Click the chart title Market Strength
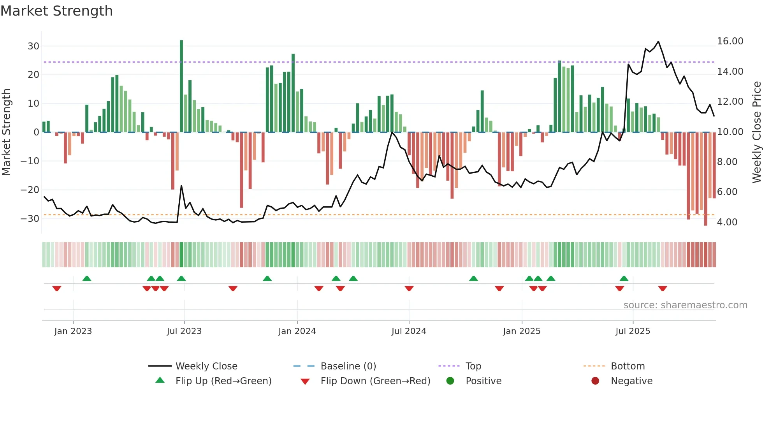(57, 11)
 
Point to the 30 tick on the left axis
(33, 46)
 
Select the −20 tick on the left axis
(30, 190)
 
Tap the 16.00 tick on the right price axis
(730, 41)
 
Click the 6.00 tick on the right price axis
(727, 192)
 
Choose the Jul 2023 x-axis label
(184, 331)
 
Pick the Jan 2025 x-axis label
(521, 331)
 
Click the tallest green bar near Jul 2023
(181, 86)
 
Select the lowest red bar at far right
(705, 179)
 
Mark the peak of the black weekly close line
(658, 42)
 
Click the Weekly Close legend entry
(206, 366)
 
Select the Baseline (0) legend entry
(348, 366)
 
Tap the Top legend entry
(473, 366)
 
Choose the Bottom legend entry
(628, 366)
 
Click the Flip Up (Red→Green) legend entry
(223, 381)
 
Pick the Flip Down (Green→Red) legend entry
(375, 381)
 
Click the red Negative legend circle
(595, 381)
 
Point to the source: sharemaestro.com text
(685, 305)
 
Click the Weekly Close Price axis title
(757, 132)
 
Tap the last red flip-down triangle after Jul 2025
(663, 288)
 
